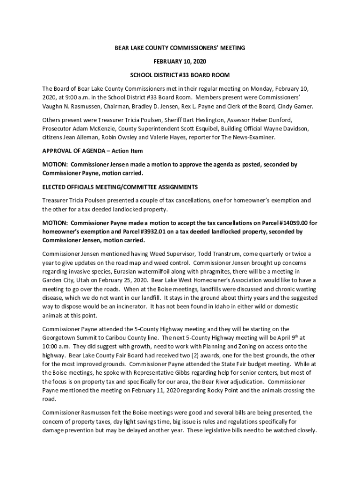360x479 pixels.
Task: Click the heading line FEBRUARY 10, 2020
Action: [180, 61]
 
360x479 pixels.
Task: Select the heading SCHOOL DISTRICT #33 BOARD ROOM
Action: [180, 75]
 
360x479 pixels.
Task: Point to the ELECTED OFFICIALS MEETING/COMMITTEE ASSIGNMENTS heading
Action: [120, 187]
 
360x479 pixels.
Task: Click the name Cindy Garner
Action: [295, 107]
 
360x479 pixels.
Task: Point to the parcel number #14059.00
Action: [288, 223]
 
